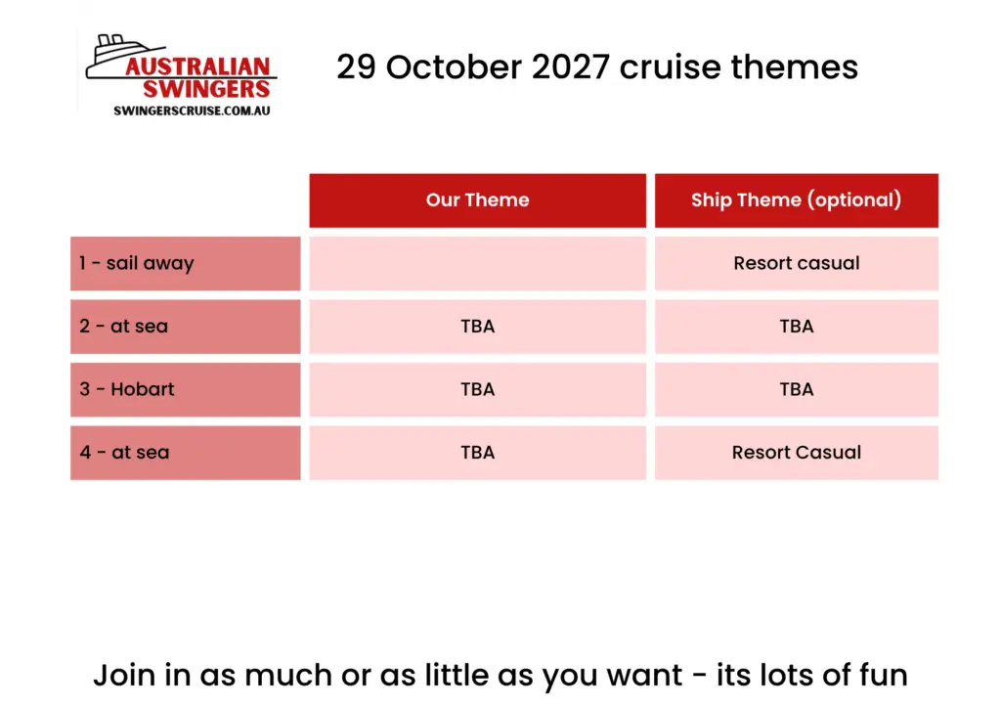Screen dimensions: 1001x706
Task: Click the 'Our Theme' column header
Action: coord(477,200)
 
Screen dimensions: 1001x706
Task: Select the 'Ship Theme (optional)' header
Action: coord(796,200)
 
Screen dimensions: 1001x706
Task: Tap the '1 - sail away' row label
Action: coord(185,264)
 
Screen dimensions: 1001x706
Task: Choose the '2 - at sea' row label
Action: coord(185,327)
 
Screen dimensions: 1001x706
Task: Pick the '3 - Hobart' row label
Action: coord(185,390)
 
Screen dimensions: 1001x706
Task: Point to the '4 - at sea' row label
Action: coord(185,453)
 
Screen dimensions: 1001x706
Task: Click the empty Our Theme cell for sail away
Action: coord(477,264)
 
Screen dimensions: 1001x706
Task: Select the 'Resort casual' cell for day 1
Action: coord(796,264)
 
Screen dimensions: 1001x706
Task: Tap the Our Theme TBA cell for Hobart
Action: coord(477,390)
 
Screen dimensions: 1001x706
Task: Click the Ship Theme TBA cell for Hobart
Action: coord(796,390)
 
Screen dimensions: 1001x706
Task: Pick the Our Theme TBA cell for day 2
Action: coord(477,327)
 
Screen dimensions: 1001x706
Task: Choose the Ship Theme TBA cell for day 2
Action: coord(796,327)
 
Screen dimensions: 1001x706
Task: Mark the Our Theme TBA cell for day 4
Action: coord(477,453)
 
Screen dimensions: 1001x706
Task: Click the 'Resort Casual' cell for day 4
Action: coord(796,453)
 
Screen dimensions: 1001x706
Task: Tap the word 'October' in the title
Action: coord(454,67)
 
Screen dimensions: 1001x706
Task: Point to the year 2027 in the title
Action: coord(570,67)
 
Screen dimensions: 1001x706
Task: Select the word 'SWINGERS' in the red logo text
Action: coord(206,89)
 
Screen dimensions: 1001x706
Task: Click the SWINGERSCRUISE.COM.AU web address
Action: coord(192,110)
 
